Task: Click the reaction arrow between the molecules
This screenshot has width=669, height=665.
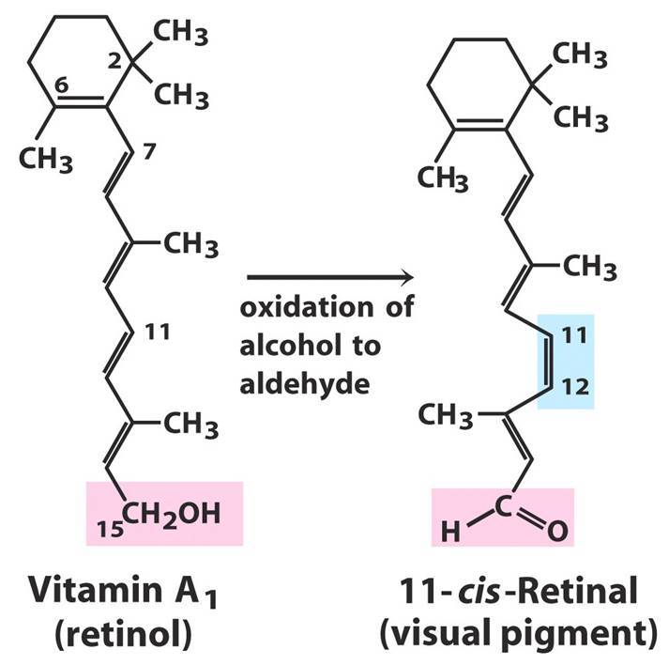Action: coord(328,278)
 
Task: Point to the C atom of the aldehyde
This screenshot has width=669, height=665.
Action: coord(503,507)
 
